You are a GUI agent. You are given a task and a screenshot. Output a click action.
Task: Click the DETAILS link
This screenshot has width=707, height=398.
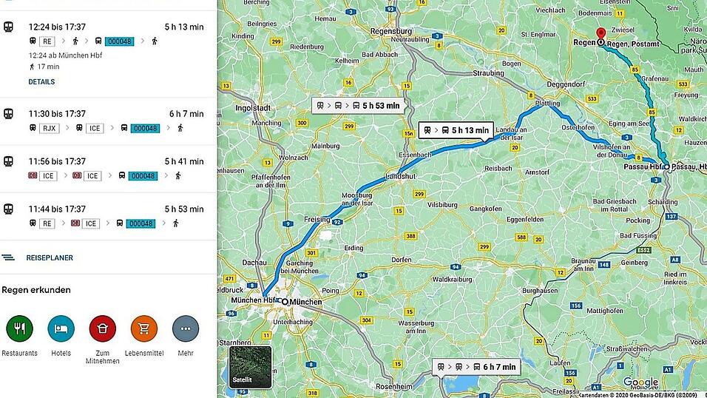click(x=41, y=82)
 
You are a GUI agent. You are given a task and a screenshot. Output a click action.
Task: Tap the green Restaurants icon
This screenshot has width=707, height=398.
click(x=19, y=328)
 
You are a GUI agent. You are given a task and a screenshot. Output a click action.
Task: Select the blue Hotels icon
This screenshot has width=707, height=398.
click(x=61, y=328)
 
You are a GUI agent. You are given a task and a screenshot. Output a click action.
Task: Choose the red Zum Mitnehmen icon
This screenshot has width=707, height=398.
click(x=102, y=328)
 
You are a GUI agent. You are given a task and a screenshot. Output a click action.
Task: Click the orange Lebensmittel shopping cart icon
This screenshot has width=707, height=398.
click(x=143, y=328)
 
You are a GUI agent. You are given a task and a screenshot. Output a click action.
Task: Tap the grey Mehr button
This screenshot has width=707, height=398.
click(x=186, y=328)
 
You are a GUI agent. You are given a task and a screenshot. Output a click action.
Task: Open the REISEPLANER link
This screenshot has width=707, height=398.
click(x=49, y=258)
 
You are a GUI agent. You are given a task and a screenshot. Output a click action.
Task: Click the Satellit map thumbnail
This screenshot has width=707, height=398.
click(x=250, y=368)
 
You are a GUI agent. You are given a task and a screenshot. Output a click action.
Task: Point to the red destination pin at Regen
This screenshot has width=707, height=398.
click(x=601, y=35)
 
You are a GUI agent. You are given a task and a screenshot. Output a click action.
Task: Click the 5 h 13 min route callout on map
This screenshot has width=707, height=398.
click(x=456, y=130)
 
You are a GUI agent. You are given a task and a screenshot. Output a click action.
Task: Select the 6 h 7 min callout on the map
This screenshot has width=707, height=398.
click(x=475, y=367)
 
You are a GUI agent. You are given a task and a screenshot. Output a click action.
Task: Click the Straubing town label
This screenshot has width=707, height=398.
click(x=488, y=73)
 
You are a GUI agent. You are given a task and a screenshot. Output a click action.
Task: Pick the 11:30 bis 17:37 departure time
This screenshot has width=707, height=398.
click(x=57, y=114)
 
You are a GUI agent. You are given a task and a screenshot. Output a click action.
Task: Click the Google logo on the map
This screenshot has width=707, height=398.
click(x=640, y=382)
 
